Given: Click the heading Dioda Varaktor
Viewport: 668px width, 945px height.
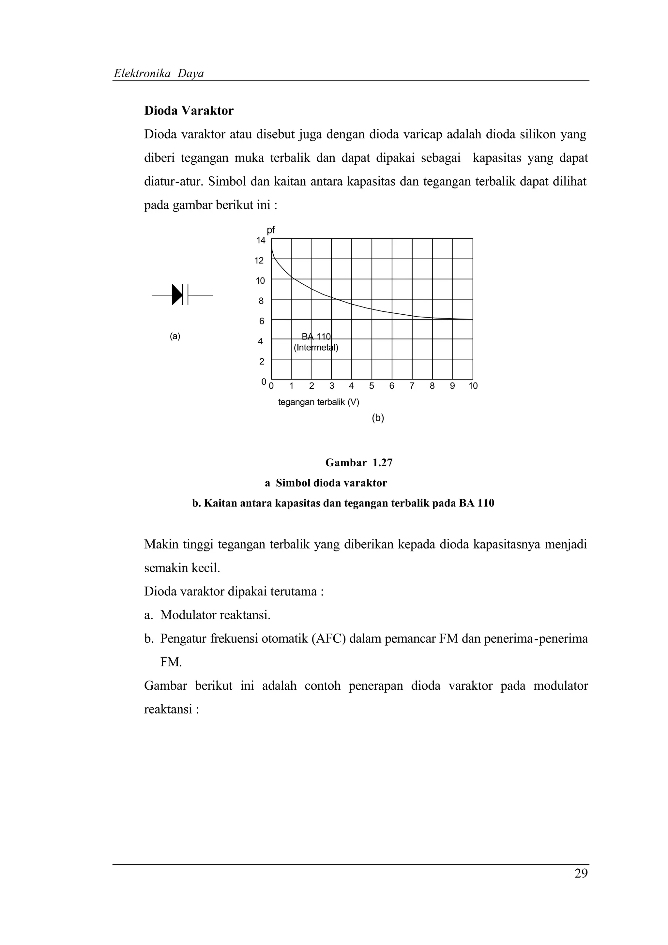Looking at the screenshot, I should [x=189, y=111].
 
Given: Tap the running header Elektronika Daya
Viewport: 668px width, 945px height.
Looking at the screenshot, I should [x=159, y=74].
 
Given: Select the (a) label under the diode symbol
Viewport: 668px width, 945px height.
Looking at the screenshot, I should [x=175, y=336].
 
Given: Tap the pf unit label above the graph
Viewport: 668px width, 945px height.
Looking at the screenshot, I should [x=271, y=230].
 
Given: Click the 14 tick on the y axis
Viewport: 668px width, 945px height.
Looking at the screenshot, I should [x=261, y=240].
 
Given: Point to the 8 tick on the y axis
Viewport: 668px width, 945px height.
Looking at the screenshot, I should [x=261, y=301].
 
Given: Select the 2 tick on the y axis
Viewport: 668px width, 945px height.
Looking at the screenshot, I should [x=261, y=362].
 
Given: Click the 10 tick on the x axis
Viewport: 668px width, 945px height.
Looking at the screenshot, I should [x=473, y=386].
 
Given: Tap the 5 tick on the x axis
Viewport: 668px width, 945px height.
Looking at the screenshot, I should [x=372, y=386].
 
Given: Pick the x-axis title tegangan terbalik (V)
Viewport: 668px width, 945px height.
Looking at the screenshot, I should [x=319, y=402].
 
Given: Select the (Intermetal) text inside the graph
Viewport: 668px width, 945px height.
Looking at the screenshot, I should [x=316, y=347].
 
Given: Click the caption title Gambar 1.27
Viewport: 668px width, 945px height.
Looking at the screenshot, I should [x=359, y=463].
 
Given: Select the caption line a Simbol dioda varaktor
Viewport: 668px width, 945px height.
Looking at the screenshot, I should [x=326, y=483].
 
